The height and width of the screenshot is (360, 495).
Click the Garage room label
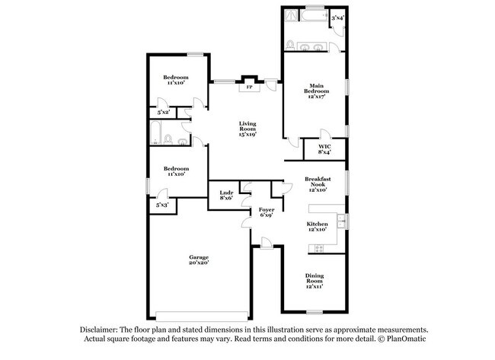199,257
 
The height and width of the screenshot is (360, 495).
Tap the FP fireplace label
249,88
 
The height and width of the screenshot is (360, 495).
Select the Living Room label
248,126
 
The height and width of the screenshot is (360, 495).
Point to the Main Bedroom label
317,88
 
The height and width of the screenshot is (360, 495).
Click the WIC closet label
324,147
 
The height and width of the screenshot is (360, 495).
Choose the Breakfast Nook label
317,181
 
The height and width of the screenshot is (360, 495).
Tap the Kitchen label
317,224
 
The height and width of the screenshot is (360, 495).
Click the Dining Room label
315,279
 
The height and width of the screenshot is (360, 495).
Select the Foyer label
267,209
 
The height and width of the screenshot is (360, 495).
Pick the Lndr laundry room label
225,193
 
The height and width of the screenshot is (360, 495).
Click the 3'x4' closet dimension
337,17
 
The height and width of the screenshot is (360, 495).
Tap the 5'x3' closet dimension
162,205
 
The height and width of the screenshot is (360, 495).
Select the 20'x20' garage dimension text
199,263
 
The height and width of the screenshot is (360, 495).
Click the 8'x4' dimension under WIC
324,152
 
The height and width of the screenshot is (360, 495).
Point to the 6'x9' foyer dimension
267,215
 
